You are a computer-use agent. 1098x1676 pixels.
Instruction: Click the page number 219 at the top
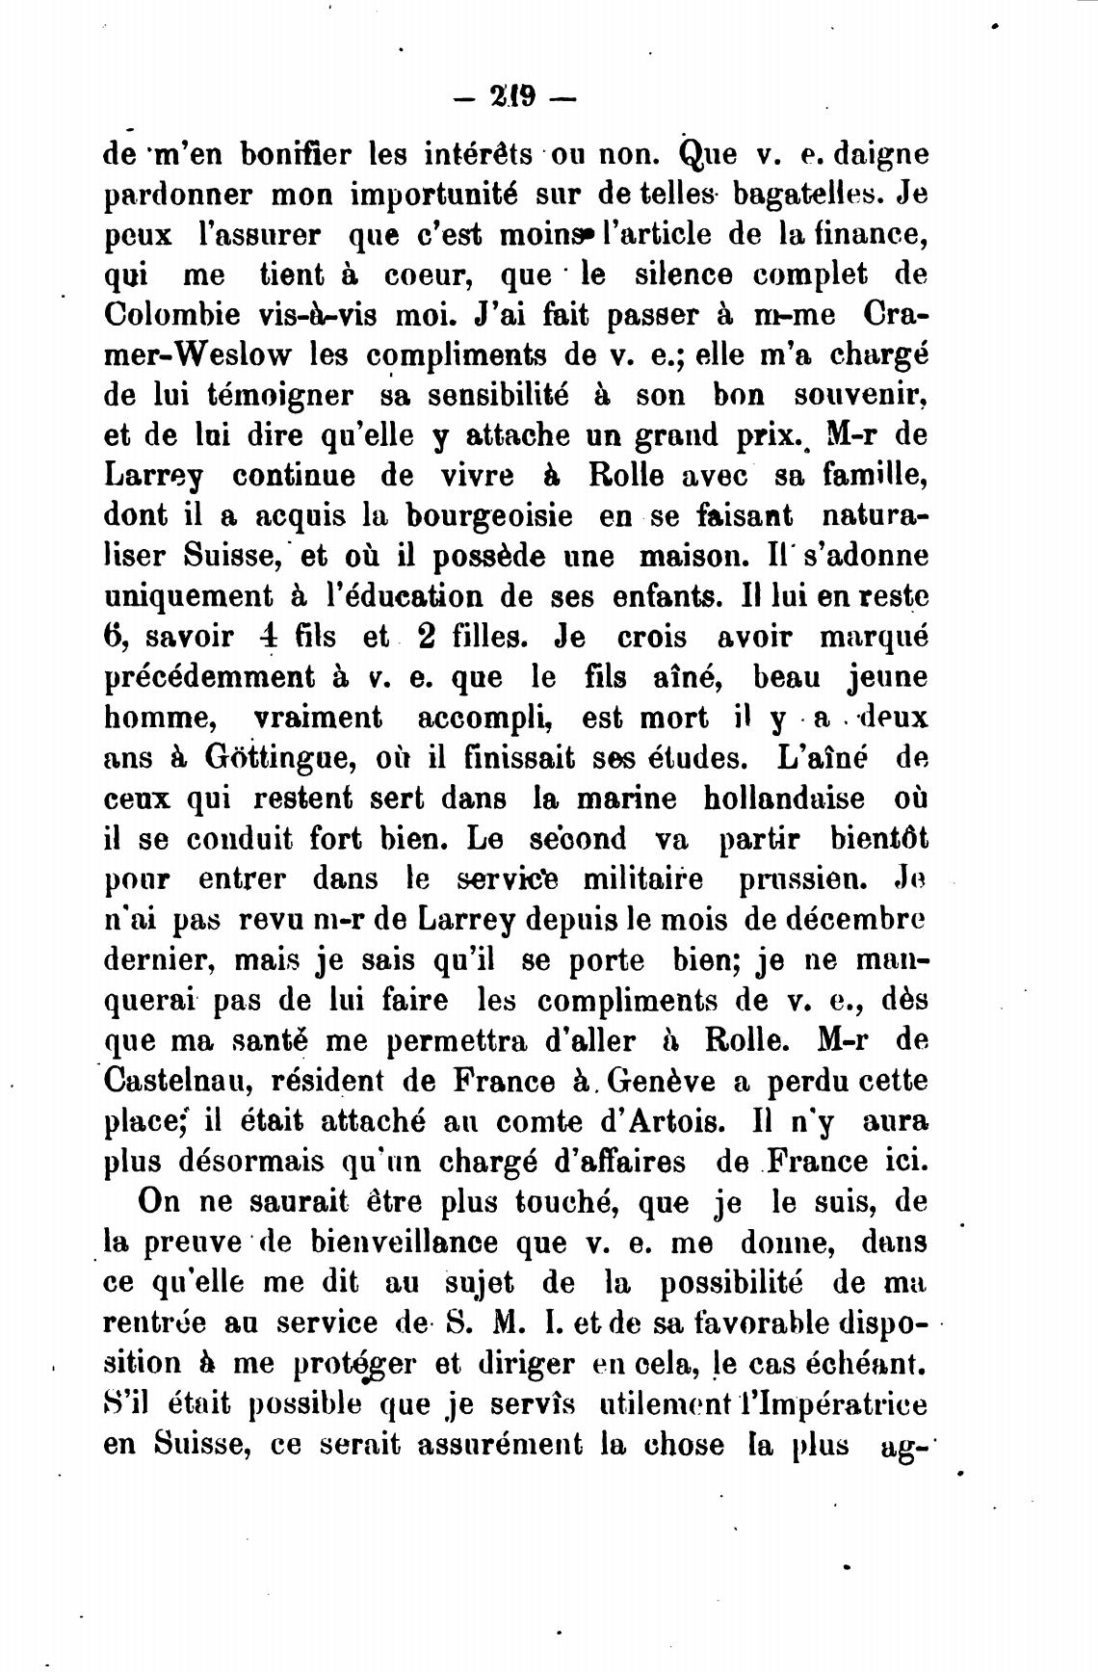(513, 98)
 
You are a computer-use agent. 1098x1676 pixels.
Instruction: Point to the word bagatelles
(807, 195)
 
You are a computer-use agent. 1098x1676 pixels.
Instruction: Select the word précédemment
(207, 676)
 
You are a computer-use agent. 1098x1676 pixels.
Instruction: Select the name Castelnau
(179, 1081)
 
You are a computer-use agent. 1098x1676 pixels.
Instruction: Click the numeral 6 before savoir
(112, 637)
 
